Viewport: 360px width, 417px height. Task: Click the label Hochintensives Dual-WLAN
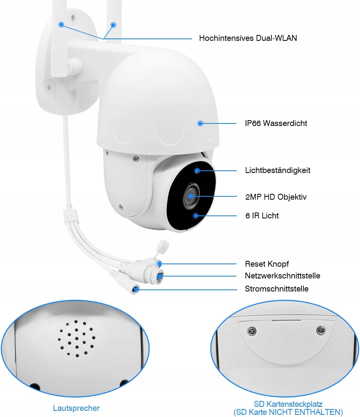point(248,38)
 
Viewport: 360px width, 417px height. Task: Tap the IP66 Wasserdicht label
point(276,123)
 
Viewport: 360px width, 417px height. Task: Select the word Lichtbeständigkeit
point(278,170)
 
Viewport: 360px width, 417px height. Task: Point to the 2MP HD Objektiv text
point(276,197)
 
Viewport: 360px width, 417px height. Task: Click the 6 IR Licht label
point(262,216)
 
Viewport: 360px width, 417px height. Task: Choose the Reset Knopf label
point(267,264)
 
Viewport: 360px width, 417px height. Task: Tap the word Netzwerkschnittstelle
point(282,276)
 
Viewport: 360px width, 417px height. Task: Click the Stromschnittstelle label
point(276,289)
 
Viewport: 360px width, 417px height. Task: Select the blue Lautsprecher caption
point(76,408)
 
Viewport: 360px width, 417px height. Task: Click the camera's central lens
point(191,196)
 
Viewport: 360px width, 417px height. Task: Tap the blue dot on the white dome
point(200,123)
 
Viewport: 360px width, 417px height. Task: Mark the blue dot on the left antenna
point(62,25)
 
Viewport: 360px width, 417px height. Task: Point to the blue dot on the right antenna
point(113,25)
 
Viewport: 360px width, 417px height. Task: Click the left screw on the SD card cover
point(252,332)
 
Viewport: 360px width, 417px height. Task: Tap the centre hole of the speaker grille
point(77,339)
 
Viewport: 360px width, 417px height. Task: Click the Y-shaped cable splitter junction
point(70,215)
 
